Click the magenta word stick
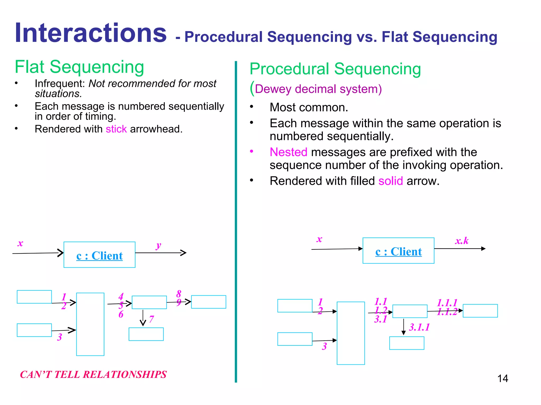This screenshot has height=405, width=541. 116,129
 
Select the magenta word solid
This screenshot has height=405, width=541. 390,181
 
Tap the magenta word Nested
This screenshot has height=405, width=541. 288,152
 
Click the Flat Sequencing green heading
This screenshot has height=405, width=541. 79,67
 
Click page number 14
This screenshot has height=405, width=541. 502,378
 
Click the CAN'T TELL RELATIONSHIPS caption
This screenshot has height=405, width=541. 93,374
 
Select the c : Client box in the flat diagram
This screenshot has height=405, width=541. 99,255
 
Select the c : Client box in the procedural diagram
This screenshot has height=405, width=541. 398,251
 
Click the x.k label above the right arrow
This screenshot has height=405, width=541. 461,240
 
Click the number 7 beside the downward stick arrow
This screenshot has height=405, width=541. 151,319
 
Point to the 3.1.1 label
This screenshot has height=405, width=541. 419,327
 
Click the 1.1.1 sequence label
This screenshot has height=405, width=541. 447,303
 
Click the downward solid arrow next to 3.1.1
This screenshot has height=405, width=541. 403,327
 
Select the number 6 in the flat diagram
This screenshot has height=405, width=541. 121,314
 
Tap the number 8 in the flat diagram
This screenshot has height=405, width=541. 179,293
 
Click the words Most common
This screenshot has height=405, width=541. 309,108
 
